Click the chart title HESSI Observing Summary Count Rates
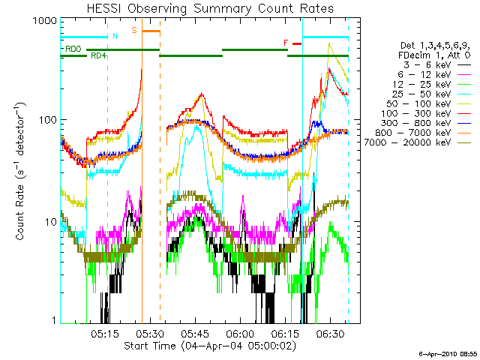(x=210, y=8)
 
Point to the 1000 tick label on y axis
(x=45, y=21)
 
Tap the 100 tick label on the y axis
(x=48, y=120)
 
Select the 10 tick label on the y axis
(x=51, y=222)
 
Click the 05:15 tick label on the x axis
(x=105, y=334)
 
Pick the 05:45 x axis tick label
(x=195, y=334)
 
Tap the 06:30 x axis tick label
(x=330, y=334)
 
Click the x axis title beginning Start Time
(x=210, y=346)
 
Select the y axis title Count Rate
(x=20, y=171)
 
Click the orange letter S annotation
(x=134, y=30)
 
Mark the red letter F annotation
(x=286, y=43)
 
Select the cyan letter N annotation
(x=115, y=36)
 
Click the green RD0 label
(x=73, y=49)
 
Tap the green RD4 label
(x=98, y=55)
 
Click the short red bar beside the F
(x=297, y=43)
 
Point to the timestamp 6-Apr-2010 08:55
(x=448, y=354)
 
